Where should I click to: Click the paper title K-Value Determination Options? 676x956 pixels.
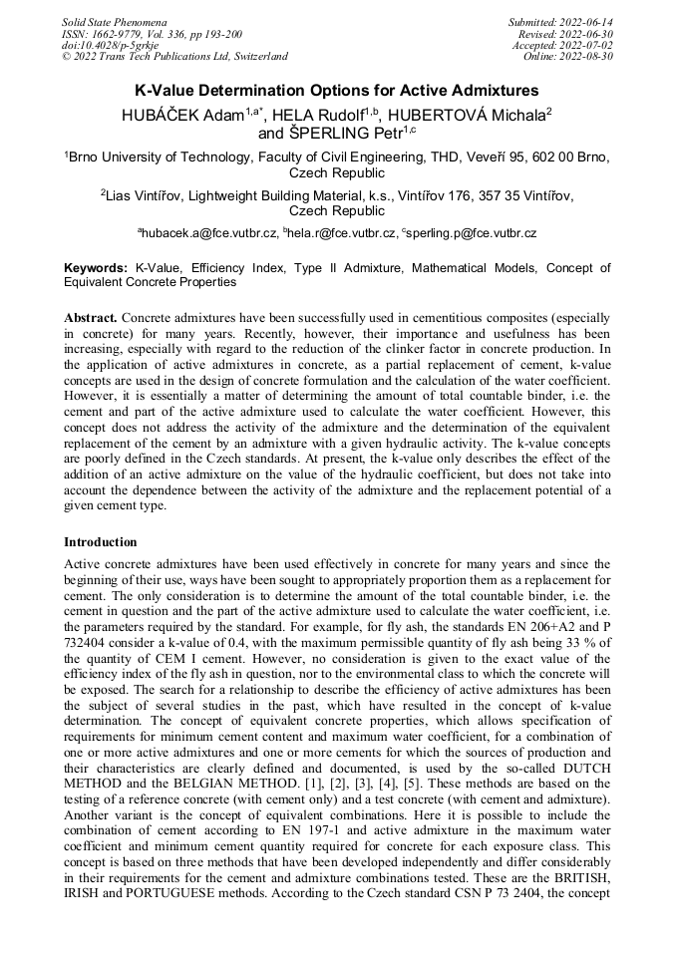click(337, 91)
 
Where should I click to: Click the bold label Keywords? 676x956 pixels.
click(96, 268)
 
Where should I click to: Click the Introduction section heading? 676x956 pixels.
click(101, 542)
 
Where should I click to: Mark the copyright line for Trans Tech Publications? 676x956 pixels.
click(174, 57)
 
